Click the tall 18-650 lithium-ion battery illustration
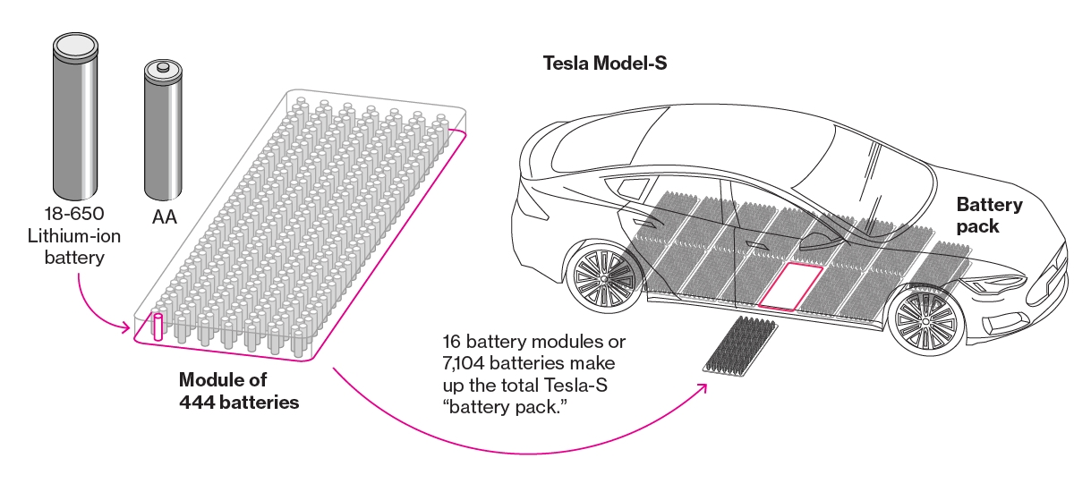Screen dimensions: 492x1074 click(74, 115)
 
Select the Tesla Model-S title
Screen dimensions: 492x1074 click(605, 64)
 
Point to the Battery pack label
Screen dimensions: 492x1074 click(988, 215)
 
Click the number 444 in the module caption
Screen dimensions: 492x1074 click(196, 402)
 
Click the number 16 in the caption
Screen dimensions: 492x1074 click(453, 343)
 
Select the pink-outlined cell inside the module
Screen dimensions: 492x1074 click(158, 327)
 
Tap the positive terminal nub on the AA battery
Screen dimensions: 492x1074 click(163, 66)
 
